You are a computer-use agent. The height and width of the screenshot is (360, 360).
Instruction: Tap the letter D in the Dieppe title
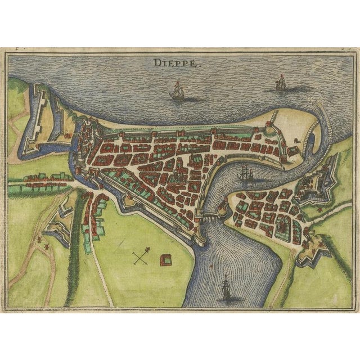click(x=156, y=64)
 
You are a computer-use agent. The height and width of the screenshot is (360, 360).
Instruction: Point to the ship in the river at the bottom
click(x=226, y=287)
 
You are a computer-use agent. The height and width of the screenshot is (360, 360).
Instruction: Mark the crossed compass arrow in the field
click(x=141, y=257)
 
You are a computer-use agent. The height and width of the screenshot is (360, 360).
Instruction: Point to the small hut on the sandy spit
click(x=293, y=151)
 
